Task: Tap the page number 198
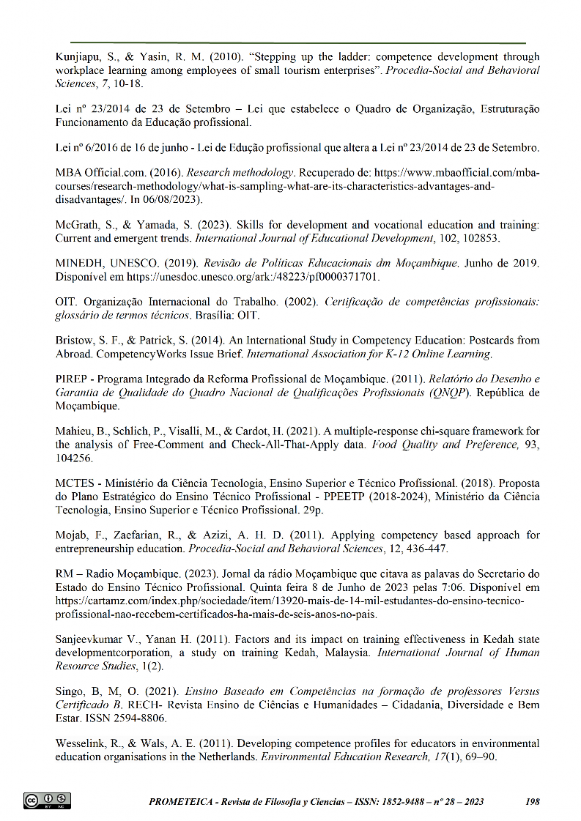pos(533,801)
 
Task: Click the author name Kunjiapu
pos(79,56)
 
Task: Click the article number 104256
pos(75,458)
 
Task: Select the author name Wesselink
pos(81,743)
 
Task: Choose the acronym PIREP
pos(72,379)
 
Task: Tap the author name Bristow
pos(75,341)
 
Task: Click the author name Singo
pos(70,691)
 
